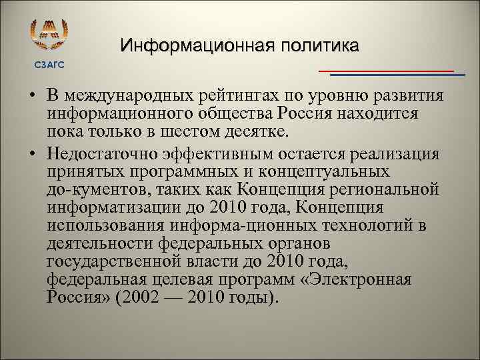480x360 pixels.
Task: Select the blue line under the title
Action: coord(400,73)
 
